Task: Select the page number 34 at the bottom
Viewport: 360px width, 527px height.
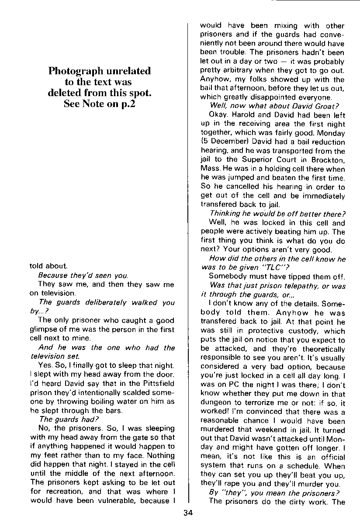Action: click(x=188, y=513)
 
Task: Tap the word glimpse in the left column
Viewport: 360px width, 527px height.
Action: click(x=44, y=329)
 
